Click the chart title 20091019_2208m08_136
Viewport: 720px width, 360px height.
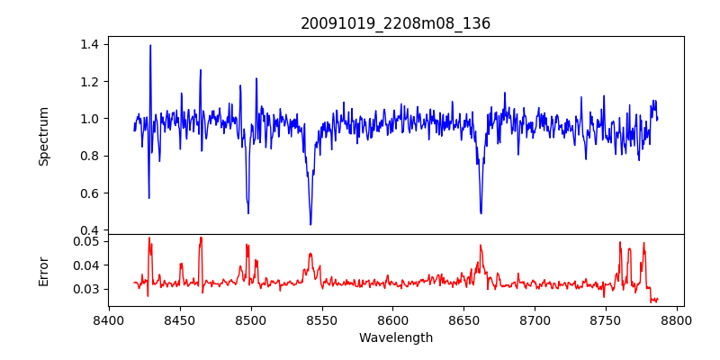(x=395, y=23)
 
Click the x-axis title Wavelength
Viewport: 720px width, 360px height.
(x=395, y=337)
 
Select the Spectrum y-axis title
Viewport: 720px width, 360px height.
(x=44, y=136)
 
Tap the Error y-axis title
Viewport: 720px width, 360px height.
(x=44, y=271)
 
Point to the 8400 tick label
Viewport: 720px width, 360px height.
(x=109, y=319)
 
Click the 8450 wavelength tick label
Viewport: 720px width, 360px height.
(x=180, y=319)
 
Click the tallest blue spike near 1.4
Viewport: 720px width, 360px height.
(x=150, y=46)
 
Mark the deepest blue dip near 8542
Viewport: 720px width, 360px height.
(x=310, y=224)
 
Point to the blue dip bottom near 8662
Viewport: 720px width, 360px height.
(x=481, y=213)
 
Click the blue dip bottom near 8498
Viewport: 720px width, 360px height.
(x=248, y=212)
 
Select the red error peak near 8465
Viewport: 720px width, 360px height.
(x=201, y=238)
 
